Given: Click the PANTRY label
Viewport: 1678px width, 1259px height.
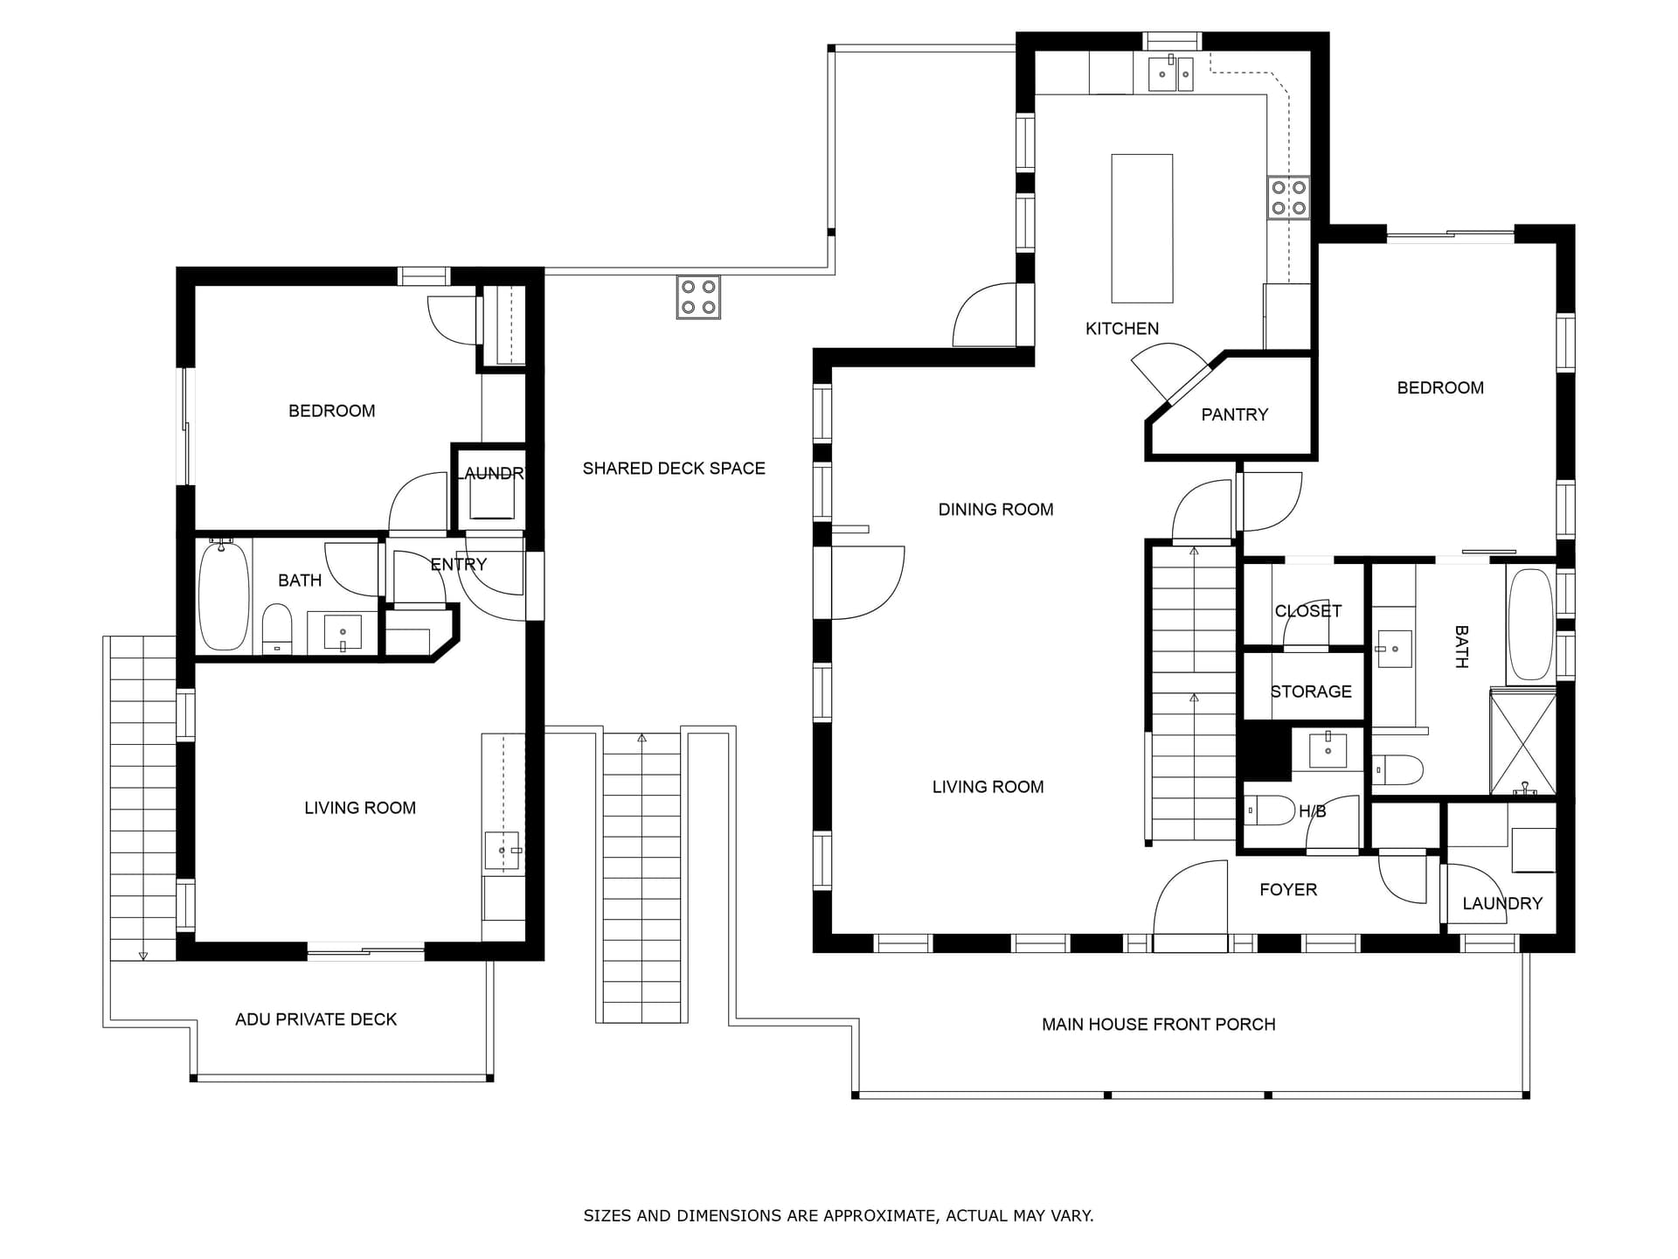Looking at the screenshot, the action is [1234, 414].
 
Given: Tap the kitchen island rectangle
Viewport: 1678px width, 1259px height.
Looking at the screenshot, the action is [1141, 228].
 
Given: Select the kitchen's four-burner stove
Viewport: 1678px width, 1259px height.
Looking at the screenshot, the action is [1289, 198].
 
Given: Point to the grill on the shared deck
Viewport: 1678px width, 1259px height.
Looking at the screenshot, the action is [698, 297].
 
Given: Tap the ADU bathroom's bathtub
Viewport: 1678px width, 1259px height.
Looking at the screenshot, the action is [224, 595].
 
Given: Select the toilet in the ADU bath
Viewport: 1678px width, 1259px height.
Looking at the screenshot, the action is [277, 629].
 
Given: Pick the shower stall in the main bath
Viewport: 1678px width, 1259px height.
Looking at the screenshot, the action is [1523, 742].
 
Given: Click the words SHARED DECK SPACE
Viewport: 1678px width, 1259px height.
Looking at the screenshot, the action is [674, 469].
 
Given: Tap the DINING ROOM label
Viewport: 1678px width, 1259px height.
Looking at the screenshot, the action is [995, 510].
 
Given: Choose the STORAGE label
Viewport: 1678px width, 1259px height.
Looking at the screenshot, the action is [1311, 692].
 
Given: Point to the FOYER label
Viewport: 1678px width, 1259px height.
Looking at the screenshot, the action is [1288, 890].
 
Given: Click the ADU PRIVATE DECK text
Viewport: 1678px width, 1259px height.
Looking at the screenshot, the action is [315, 1019].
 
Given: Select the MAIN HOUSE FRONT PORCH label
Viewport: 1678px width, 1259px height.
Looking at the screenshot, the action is [1158, 1025].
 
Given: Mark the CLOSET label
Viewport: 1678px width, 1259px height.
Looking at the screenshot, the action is [1307, 611].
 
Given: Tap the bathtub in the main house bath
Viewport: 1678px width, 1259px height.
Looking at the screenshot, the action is [1530, 623].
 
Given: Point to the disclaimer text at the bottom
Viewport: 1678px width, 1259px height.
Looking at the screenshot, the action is [838, 1215].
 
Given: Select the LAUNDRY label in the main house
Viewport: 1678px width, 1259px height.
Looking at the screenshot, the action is [1502, 904].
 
